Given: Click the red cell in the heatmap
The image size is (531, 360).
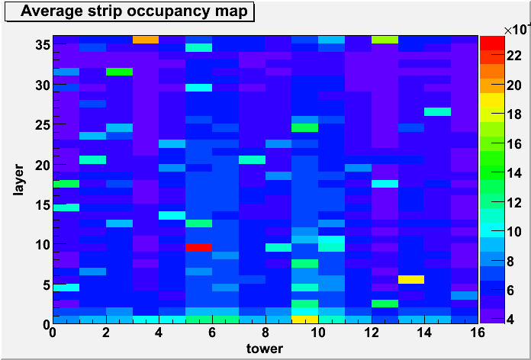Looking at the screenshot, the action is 199,248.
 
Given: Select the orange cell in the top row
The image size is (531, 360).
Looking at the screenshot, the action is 146,40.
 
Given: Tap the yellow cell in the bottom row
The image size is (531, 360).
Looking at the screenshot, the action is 305,320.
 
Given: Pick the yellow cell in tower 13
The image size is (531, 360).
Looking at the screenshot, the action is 411,279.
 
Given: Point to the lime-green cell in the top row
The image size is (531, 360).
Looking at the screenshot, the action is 385,40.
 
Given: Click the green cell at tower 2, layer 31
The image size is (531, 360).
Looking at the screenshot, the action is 119,72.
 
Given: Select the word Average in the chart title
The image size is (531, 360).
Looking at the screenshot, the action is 48,11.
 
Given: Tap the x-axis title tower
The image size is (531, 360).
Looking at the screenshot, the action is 265,348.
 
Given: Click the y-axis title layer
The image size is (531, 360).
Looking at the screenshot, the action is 18,179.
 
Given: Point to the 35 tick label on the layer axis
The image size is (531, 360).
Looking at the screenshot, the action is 42,45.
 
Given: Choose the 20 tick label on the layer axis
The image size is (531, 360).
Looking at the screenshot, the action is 42,165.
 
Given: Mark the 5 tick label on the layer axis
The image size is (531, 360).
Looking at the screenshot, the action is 46,285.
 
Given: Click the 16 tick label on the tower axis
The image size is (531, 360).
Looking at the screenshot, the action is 478,333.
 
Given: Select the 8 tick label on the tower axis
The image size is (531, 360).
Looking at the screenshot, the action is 265,333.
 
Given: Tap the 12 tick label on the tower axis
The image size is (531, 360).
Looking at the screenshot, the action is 372,333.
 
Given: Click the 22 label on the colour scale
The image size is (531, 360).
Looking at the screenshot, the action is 514,57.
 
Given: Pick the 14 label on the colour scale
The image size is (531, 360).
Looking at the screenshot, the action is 514,173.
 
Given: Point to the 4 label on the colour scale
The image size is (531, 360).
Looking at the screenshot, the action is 510,320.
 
